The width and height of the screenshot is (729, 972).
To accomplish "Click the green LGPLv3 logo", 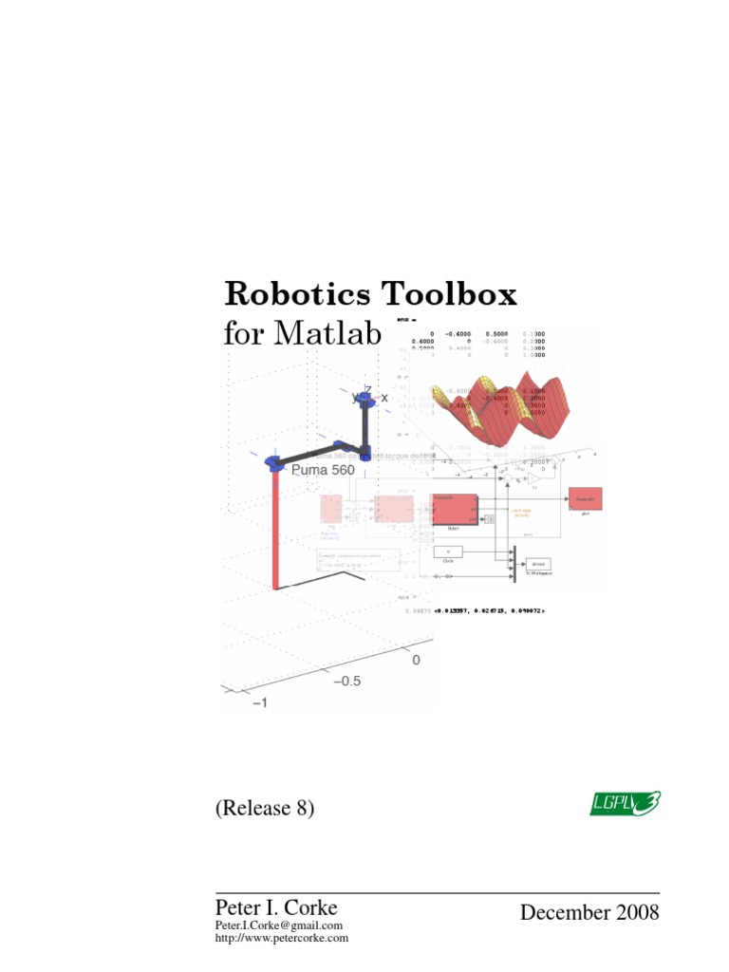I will (623, 803).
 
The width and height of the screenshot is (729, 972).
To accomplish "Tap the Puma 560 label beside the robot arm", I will (323, 470).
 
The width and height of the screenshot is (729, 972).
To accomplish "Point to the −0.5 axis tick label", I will (346, 681).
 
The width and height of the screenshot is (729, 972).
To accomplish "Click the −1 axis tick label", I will (258, 702).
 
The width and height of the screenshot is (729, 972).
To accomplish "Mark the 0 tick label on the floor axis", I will (415, 659).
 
